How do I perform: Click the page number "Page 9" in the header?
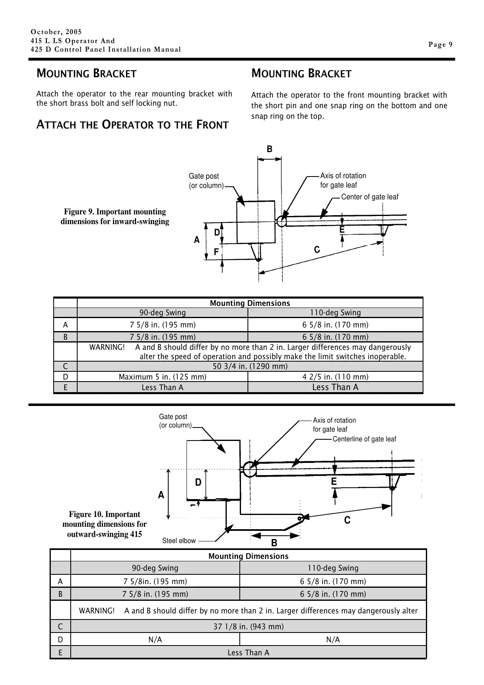[x=440, y=45]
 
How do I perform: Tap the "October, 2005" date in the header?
[x=56, y=32]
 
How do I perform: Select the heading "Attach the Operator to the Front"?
[x=132, y=125]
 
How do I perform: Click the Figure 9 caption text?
[x=115, y=216]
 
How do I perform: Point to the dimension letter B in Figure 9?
[x=269, y=149]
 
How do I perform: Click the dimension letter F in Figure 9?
[x=216, y=252]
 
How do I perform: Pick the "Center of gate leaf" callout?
[x=369, y=197]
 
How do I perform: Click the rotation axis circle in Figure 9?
[x=281, y=221]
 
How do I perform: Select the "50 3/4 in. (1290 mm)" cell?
[x=250, y=366]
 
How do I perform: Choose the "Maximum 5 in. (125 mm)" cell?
[x=162, y=377]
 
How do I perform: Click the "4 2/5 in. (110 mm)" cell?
[x=335, y=377]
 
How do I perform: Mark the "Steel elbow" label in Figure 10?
[x=179, y=541]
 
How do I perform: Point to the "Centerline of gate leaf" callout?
[x=364, y=439]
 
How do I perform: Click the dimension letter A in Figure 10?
[x=161, y=495]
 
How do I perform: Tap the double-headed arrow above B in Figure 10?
[x=276, y=535]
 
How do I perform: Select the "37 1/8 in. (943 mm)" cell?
[x=248, y=626]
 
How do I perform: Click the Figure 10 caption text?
[x=104, y=524]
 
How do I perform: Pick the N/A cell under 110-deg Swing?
[x=333, y=639]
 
